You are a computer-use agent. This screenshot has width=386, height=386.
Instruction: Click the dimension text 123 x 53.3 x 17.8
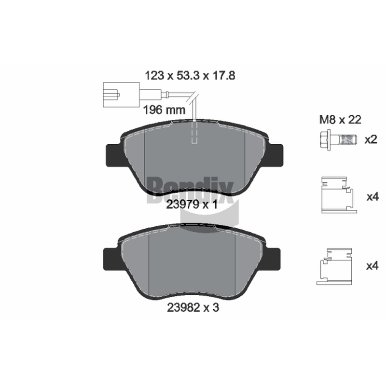[x=190, y=76]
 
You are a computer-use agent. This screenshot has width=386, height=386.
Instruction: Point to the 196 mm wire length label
[x=164, y=110]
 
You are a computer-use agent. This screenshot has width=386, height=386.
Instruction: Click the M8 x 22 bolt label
[x=340, y=120]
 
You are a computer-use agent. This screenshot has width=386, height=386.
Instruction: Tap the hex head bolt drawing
[x=338, y=139]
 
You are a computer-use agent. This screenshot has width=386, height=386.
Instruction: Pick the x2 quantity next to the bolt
[x=371, y=139]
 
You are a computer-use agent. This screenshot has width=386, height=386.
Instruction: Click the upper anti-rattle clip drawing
[x=339, y=195]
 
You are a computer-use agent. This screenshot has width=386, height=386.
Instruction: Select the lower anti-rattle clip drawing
[x=334, y=267]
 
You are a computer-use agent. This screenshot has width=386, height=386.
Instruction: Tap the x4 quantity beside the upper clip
[x=372, y=197]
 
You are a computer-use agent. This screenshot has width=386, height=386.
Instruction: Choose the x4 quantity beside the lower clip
[x=372, y=266]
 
